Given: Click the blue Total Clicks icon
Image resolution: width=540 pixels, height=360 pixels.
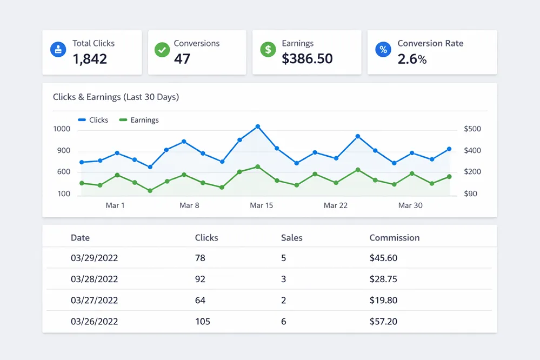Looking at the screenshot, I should point(58,50).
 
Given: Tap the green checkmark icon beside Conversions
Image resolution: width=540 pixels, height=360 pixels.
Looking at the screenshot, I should point(162,50).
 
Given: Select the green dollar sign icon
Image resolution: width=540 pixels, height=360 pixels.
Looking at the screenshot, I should point(268,50).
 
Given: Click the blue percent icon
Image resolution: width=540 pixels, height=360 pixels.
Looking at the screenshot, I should point(383,50).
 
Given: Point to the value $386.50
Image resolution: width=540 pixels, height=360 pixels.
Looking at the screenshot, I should point(307,58).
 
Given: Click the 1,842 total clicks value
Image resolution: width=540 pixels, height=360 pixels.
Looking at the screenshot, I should point(90,58).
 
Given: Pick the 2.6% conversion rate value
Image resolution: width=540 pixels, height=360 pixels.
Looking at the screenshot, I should point(412,59).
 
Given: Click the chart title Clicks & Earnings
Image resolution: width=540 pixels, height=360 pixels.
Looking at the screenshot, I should point(116,97).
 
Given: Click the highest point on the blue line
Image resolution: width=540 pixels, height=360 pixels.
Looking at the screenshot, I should point(258,126).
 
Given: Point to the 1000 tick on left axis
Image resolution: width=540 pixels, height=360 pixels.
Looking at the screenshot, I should point(62,129).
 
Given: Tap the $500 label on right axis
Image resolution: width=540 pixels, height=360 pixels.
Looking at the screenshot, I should point(472,129).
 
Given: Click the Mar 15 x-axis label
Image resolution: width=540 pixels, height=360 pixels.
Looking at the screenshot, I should point(261,205).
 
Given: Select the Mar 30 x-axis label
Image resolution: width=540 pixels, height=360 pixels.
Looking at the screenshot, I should point(410,205).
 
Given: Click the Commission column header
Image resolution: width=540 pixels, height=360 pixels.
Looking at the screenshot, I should point(394,238).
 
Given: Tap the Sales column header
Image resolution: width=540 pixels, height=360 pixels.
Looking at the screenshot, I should point(292,238).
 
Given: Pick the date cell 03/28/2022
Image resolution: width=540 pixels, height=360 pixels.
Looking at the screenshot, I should point(94,279).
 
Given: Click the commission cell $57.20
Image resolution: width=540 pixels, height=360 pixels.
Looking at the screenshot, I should point(383,322).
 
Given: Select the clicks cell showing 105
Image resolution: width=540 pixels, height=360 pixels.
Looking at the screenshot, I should point(203,322).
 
